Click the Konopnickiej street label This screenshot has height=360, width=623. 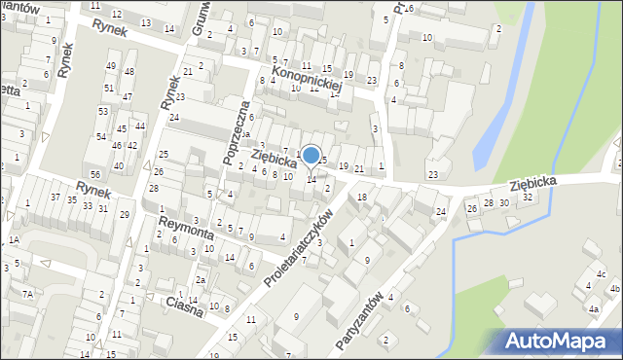point(307,78)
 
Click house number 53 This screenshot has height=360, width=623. point(102,111)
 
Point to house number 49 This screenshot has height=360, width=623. point(110,66)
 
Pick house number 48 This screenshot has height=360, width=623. point(129,73)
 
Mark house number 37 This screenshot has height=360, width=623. point(56,198)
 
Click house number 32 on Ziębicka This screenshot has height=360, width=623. point(527,197)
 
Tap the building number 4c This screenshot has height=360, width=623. point(602,273)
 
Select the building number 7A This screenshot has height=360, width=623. point(29,294)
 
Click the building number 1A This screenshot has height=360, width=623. point(14,239)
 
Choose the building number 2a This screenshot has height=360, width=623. point(200,280)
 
